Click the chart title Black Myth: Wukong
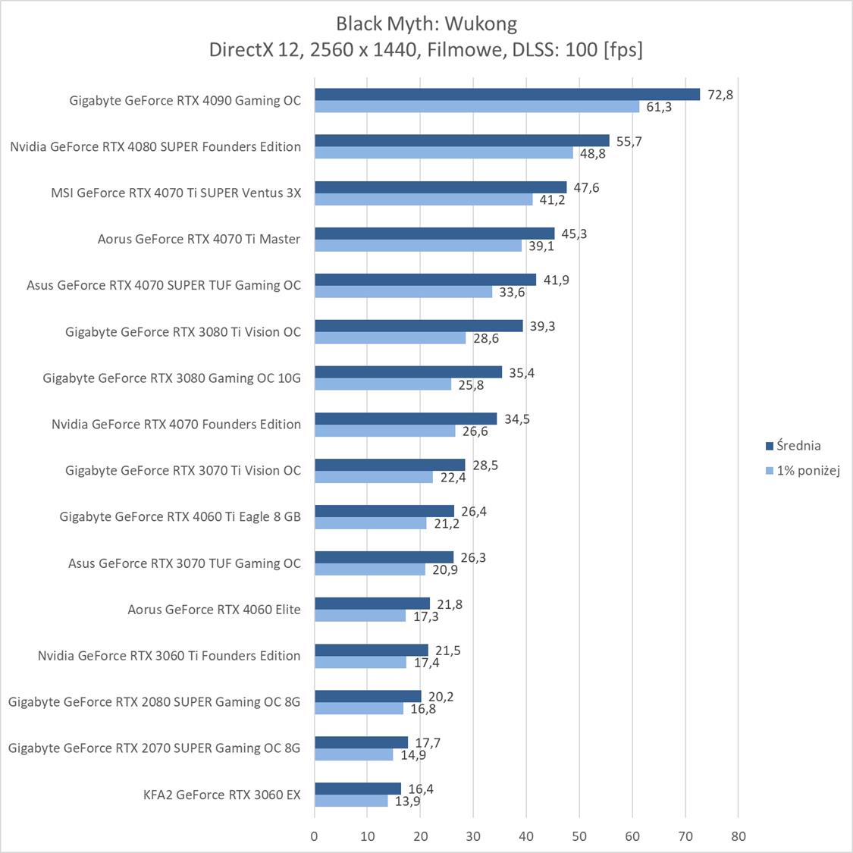pos(426,24)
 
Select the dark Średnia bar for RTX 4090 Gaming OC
pos(506,94)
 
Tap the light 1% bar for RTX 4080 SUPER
pos(444,153)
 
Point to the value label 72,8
pos(720,95)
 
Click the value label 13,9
pos(407,801)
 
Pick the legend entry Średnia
pos(798,446)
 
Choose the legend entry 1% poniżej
pos(808,471)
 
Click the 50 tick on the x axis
pos(579,836)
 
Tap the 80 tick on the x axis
pos(739,836)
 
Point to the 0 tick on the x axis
pos(315,836)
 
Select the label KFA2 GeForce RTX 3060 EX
pos(221,795)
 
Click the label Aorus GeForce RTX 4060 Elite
pos(214,610)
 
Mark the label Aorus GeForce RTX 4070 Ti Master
pos(199,239)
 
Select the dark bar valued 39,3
pos(419,326)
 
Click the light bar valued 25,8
pos(383,384)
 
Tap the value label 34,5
pos(516,419)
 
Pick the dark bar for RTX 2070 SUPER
pos(361,742)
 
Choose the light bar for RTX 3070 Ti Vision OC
pos(374,477)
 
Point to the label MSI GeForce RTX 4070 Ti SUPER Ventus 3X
pos(176,193)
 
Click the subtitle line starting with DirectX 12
pos(426,50)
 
